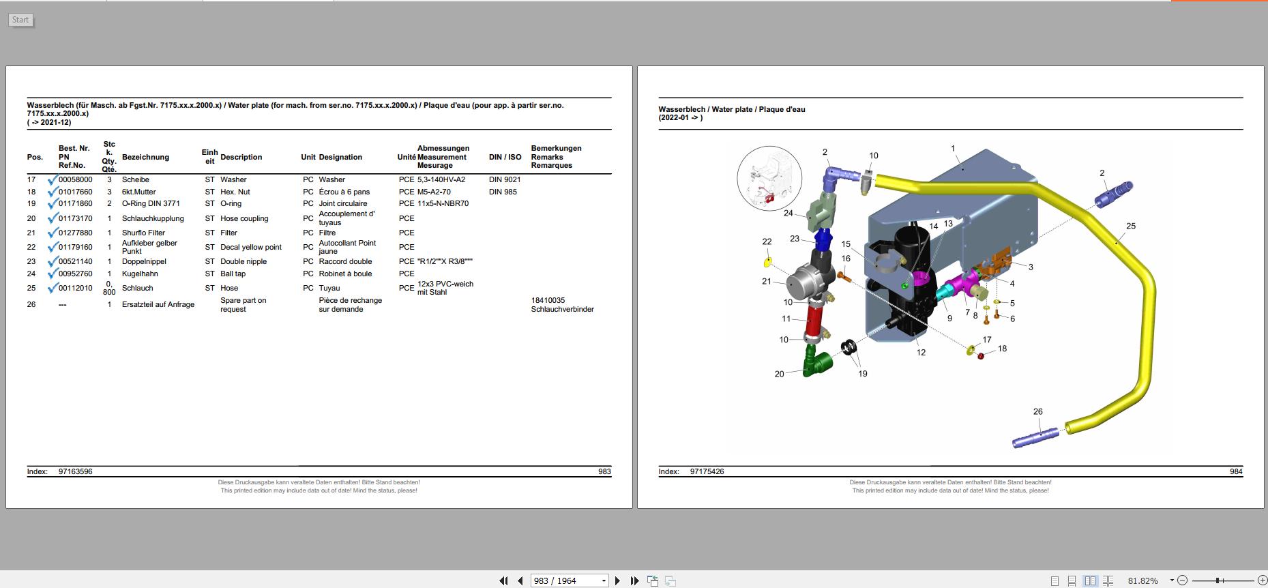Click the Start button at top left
pos(20,20)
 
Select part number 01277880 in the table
pos(75,233)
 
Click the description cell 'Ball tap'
pos(233,274)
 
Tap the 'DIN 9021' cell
pos(504,180)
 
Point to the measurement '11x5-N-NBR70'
pos(443,204)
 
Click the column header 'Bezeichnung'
pos(145,158)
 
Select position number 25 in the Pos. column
pos(31,289)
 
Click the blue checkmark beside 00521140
pos(53,263)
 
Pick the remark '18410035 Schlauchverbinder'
pos(561,305)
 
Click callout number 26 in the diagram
pos(1037,411)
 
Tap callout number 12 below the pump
pos(921,353)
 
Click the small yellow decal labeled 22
pos(767,263)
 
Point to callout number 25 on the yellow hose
pos(1130,226)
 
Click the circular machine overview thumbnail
pos(769,178)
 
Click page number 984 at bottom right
pos(1235,472)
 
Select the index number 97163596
pos(76,472)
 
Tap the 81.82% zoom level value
pos(1142,581)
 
